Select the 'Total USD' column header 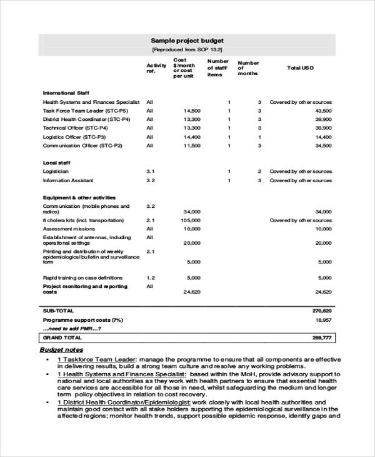coord(300,67)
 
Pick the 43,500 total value coord(323,110)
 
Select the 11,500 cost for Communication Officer coord(192,145)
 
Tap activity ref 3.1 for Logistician coord(150,171)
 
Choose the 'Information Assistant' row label coord(68,180)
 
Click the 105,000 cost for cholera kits coord(191,220)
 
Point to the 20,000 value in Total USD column coord(323,243)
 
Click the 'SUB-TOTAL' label coord(58,311)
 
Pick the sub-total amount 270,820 coord(322,311)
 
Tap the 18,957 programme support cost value coord(323,319)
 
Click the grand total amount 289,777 coord(322,337)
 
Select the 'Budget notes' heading coord(61,349)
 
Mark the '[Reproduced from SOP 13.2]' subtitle coord(187,49)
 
